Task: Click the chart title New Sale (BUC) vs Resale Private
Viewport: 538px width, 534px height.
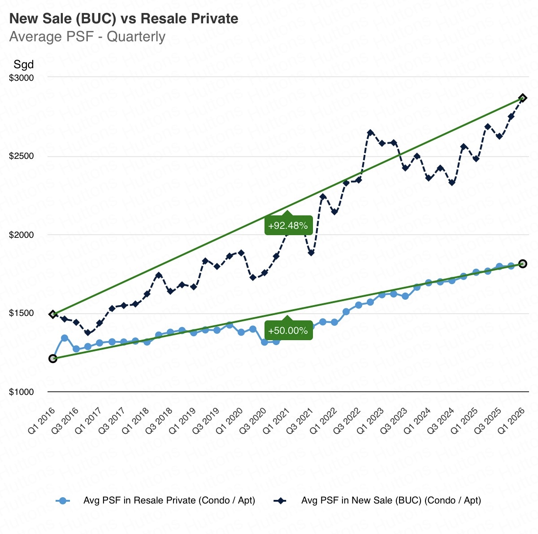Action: click(x=124, y=18)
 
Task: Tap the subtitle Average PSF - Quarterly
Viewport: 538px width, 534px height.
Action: click(x=87, y=36)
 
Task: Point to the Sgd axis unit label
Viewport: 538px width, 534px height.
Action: click(x=23, y=64)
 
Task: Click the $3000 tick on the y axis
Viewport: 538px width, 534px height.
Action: click(x=22, y=78)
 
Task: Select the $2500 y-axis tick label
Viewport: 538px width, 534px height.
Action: click(x=22, y=156)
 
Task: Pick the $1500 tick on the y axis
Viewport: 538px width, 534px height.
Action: click(x=22, y=313)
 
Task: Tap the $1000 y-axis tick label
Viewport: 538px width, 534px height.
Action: click(x=22, y=392)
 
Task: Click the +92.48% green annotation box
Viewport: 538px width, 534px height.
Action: click(x=288, y=226)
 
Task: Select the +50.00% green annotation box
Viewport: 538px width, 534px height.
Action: click(x=288, y=331)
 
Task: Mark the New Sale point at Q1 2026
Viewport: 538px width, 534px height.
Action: click(x=523, y=98)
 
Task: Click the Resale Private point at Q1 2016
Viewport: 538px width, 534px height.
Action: click(x=53, y=358)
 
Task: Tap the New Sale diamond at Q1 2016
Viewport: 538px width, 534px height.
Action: click(x=53, y=314)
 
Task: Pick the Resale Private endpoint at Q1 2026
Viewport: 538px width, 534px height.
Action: click(x=523, y=264)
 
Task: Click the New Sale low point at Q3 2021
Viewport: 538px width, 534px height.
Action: click(x=311, y=253)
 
